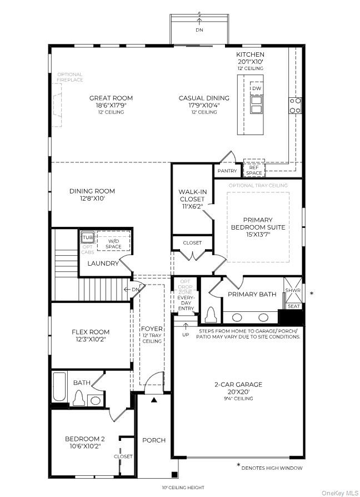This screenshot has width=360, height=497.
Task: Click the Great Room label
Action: (x=111, y=98)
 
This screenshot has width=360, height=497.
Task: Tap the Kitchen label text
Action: (x=249, y=54)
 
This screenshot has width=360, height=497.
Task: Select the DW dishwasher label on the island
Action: (x=256, y=88)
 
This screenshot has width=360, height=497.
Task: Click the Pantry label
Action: (x=227, y=171)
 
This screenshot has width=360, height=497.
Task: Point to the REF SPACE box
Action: (x=254, y=170)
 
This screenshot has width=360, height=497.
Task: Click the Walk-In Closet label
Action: (x=192, y=195)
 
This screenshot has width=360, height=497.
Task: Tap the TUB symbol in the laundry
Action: (x=88, y=237)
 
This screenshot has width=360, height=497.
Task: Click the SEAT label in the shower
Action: (x=294, y=306)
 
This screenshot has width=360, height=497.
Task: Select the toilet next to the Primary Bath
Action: (x=210, y=315)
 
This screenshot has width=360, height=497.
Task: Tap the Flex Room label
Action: (x=91, y=332)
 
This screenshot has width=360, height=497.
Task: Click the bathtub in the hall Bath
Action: (x=59, y=387)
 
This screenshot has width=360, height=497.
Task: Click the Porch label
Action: (x=154, y=440)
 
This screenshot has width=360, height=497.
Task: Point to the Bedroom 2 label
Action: (x=84, y=439)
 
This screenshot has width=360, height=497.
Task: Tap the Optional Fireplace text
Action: (x=69, y=77)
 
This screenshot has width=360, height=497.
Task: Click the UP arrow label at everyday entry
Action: (x=186, y=335)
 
